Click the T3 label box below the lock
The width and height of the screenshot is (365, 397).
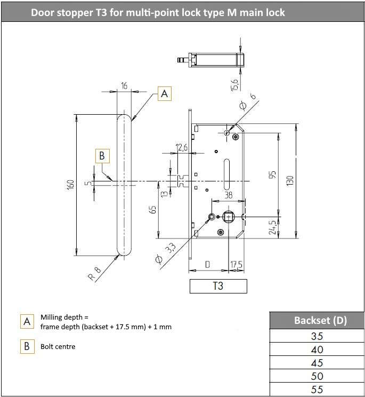click(218, 286)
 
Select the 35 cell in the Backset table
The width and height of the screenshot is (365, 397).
click(317, 336)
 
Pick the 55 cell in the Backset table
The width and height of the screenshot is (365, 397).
click(317, 390)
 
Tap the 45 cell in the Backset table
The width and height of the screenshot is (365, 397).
click(317, 363)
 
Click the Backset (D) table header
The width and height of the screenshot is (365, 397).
click(317, 320)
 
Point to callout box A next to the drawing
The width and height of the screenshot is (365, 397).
click(165, 93)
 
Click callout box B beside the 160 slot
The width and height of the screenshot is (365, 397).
click(102, 156)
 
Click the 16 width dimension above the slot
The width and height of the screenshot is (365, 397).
click(124, 85)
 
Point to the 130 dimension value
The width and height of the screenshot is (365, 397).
click(290, 180)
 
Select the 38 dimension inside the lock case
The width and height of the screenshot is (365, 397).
click(228, 196)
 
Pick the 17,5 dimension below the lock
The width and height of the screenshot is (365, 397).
click(236, 265)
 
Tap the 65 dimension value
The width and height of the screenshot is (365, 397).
click(153, 209)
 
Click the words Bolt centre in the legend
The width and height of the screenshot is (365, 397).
click(58, 346)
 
